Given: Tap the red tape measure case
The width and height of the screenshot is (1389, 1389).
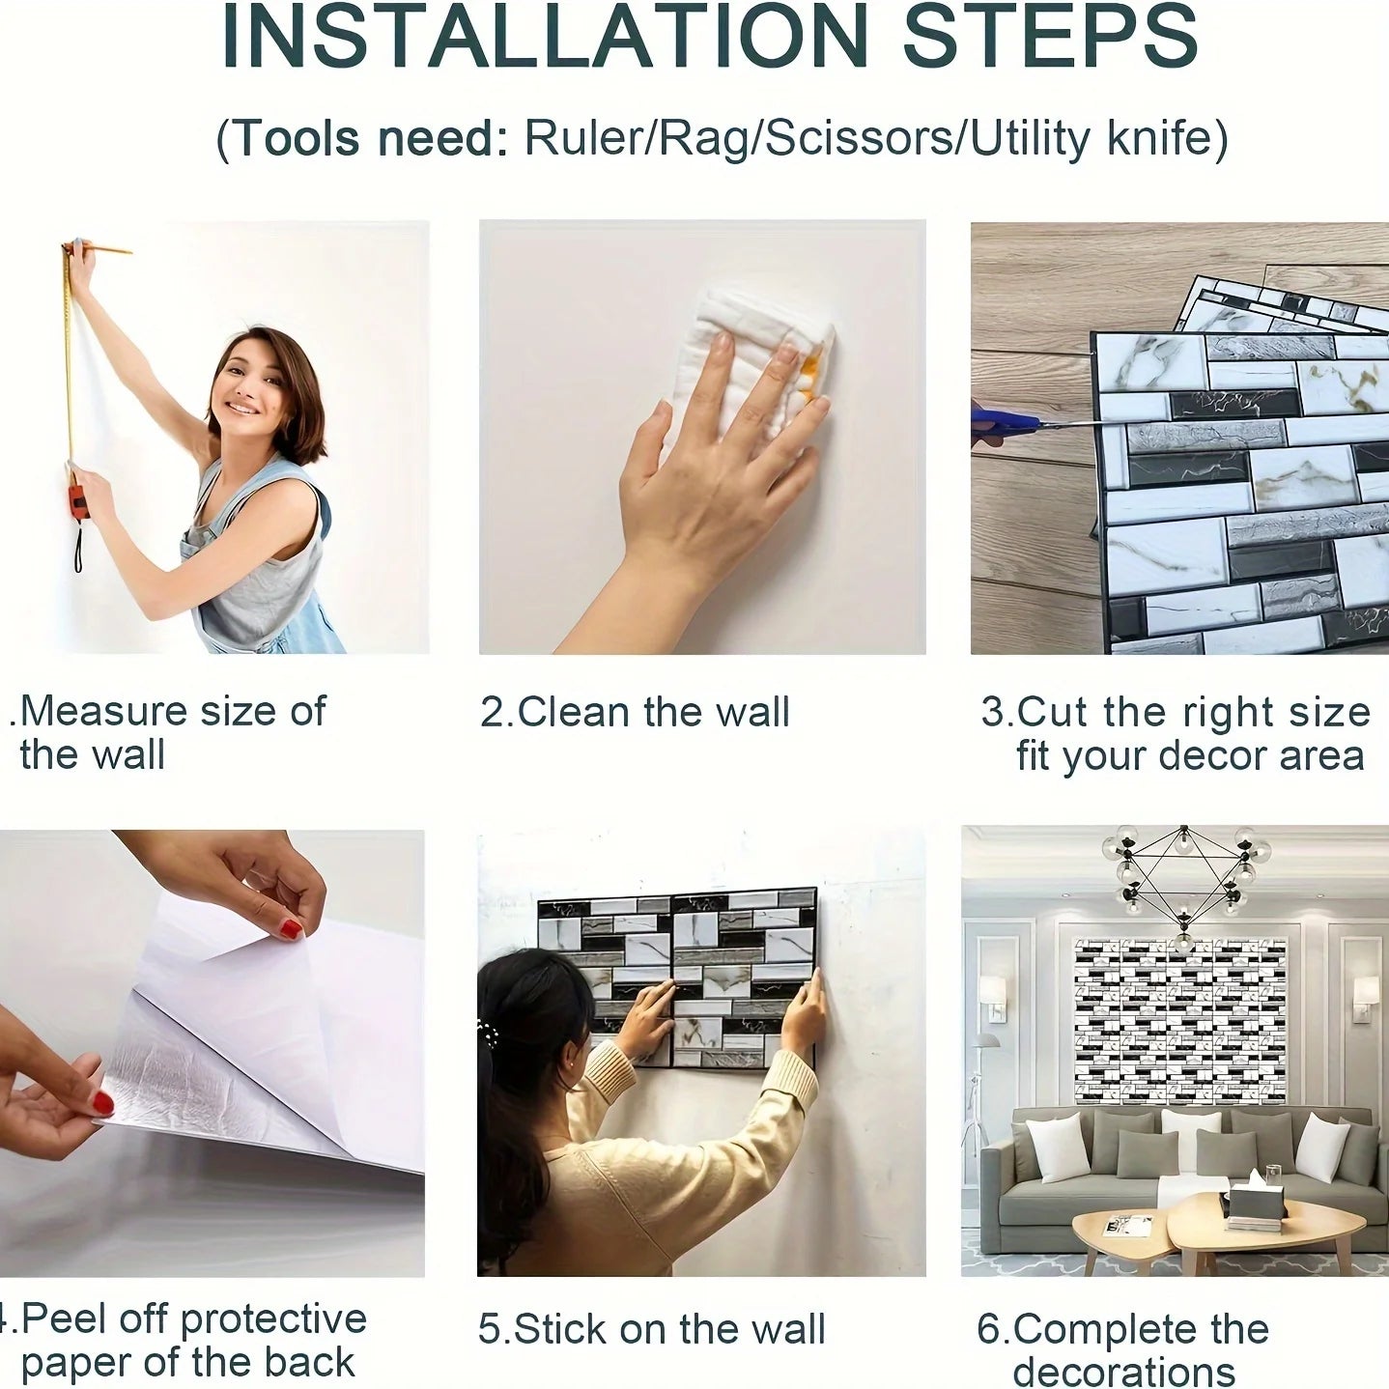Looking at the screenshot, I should (76, 501).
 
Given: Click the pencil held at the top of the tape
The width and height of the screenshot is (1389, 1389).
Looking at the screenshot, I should (102, 249).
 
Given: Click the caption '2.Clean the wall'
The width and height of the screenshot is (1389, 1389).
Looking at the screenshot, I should (635, 713).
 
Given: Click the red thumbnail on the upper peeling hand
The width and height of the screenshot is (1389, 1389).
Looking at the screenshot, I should (291, 929).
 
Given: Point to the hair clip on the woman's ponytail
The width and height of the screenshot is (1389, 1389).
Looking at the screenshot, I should (488, 1036).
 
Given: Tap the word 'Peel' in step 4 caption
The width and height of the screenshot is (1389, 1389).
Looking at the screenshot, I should (62, 1319).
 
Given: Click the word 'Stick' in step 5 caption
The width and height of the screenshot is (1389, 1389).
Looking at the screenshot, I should (561, 1329).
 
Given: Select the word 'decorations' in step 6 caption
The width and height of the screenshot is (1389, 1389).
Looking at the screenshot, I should (1123, 1372).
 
